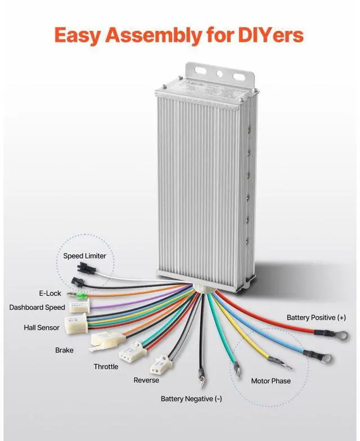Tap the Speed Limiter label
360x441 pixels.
tap(84, 256)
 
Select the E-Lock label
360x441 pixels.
tap(50, 294)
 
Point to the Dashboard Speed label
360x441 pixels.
tap(37, 307)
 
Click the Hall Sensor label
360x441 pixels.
tap(42, 327)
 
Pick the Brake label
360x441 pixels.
tap(64, 350)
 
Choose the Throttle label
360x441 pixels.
tap(106, 367)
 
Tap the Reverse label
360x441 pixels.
tap(146, 380)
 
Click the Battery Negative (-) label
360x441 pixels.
tap(191, 399)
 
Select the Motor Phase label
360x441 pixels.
tap(271, 381)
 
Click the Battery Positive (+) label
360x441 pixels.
tap(316, 318)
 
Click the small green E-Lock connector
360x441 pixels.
tap(80, 296)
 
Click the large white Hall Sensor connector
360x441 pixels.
tap(75, 322)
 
